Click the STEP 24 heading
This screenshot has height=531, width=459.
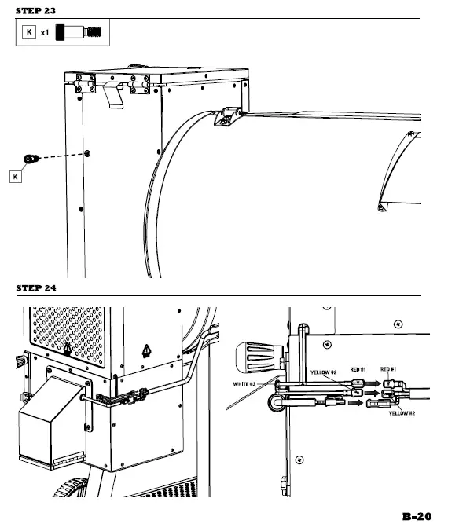click(37, 288)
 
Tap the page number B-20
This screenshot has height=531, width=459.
click(417, 516)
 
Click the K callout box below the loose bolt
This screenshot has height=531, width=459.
click(16, 178)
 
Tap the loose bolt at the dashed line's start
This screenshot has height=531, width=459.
click(31, 159)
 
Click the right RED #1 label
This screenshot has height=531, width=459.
click(387, 368)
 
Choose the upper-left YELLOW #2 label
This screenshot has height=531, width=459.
click(323, 372)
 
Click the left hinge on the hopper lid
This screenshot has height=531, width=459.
click(84, 83)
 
